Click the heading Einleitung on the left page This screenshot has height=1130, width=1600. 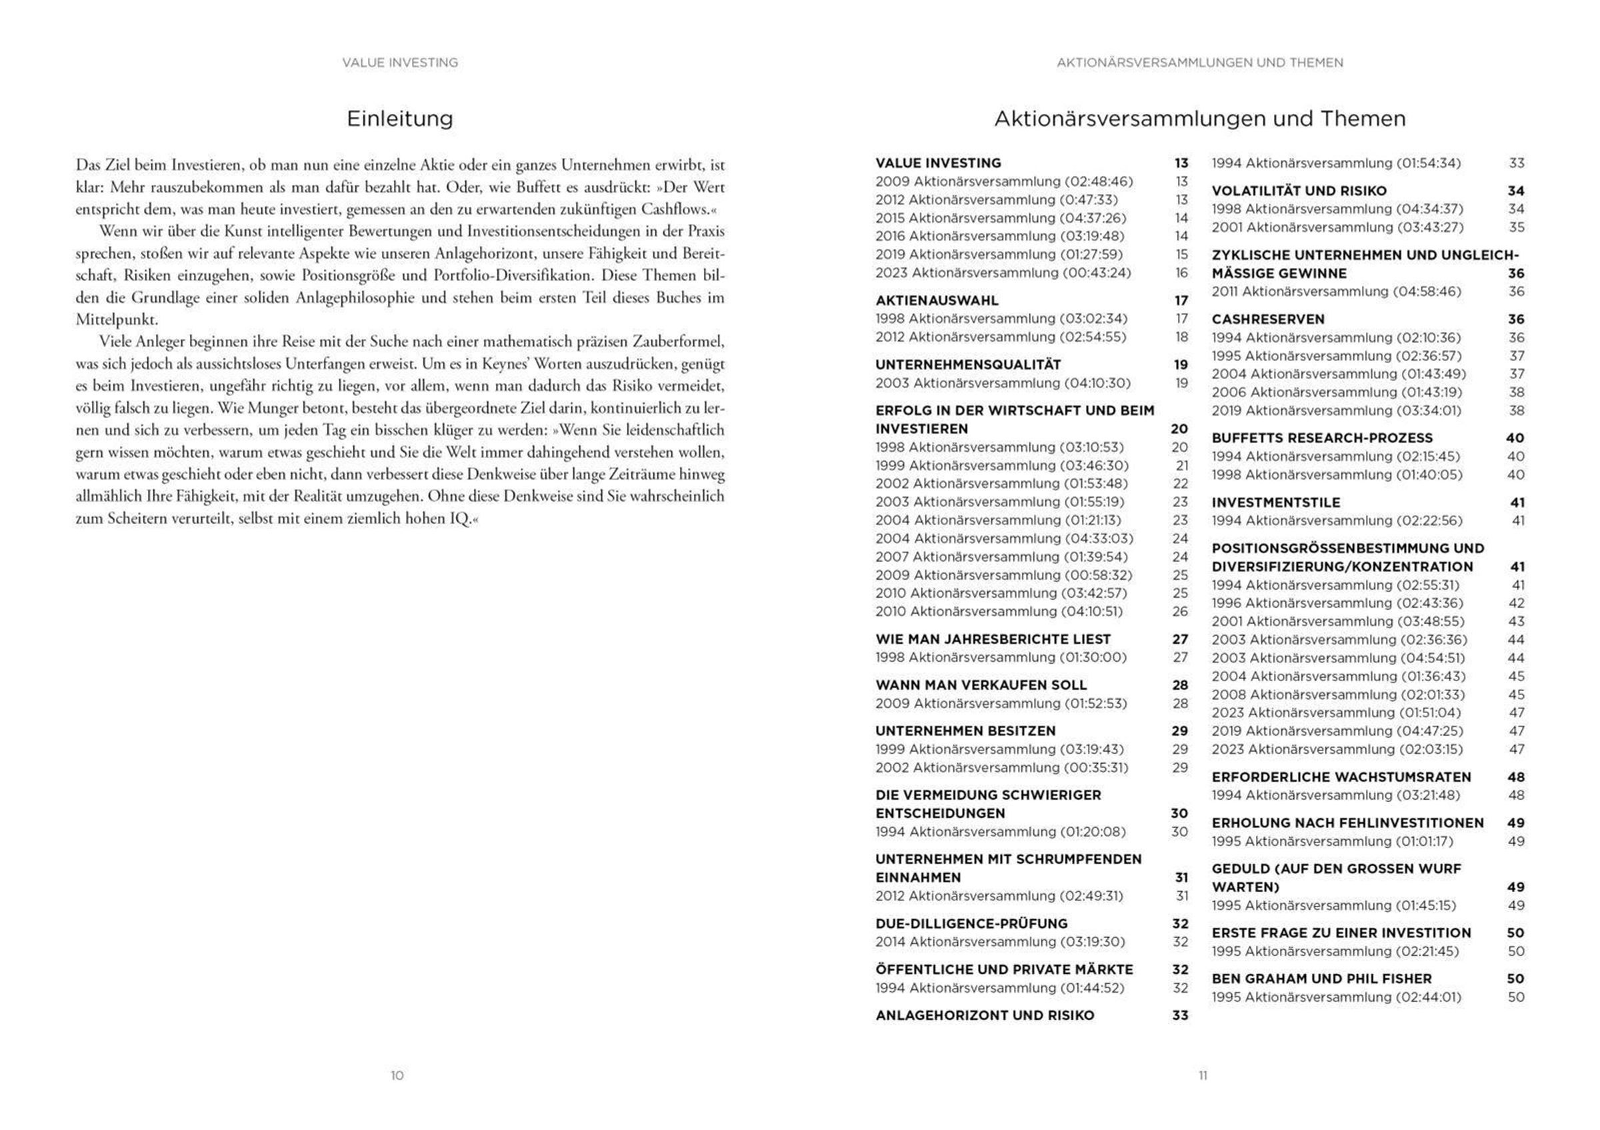399,119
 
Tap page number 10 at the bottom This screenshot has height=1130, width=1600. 397,1075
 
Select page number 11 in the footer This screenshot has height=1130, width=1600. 1203,1075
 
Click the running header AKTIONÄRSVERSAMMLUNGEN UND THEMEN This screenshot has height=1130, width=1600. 1199,63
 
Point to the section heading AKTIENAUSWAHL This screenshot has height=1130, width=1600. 937,300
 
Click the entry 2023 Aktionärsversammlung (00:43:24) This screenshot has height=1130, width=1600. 1003,273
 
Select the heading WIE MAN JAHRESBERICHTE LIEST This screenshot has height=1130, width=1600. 993,639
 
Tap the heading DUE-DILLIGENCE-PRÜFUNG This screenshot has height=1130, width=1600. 971,924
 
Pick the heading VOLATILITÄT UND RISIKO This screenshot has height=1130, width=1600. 1299,191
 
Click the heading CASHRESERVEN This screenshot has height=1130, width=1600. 1267,320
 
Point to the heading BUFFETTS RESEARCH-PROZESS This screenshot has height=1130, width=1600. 1322,438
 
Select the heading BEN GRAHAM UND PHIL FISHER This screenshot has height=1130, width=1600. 1321,979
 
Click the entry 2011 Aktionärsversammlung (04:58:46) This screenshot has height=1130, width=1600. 1336,292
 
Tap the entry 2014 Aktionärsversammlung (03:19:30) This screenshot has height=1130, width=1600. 1000,942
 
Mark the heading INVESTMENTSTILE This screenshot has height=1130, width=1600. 1276,502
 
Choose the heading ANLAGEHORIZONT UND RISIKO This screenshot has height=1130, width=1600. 985,1015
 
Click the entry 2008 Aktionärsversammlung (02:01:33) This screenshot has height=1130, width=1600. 1338,694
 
